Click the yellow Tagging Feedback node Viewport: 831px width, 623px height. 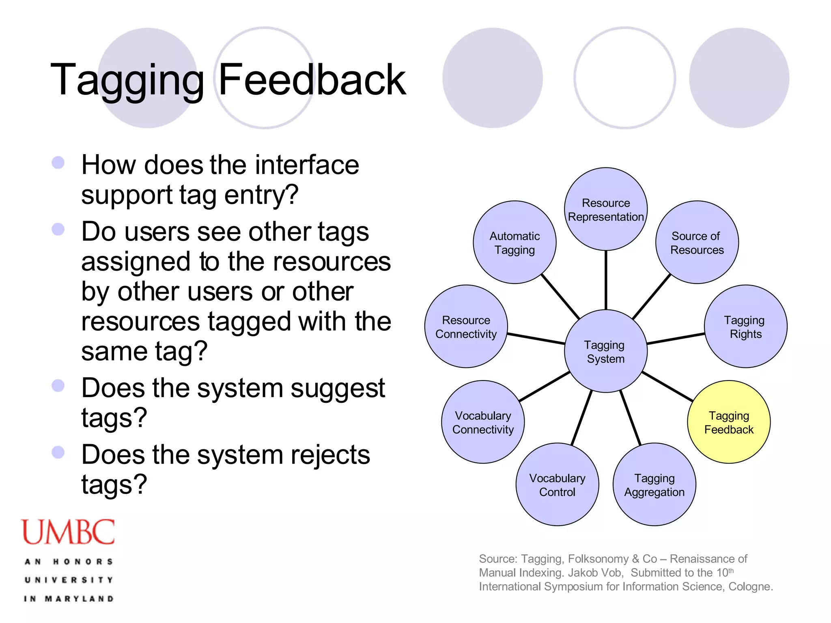point(729,422)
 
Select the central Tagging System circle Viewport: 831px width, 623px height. point(605,351)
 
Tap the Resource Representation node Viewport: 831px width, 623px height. point(605,209)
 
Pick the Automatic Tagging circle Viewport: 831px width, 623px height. point(515,243)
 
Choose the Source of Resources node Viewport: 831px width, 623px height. point(697,243)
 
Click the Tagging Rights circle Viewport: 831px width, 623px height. point(745,327)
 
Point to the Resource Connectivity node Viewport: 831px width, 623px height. point(466,327)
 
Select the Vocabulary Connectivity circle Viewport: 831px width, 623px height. point(483,422)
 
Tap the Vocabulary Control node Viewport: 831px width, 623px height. point(557,485)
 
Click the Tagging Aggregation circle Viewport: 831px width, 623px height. point(654,485)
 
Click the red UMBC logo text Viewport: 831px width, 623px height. point(68,532)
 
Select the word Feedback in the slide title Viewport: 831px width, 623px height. point(312,80)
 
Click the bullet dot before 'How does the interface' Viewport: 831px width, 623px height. point(58,163)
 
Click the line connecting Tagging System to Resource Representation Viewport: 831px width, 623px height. point(606,280)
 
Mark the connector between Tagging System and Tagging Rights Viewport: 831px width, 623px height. point(676,339)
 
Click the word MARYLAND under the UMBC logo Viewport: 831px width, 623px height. point(79,599)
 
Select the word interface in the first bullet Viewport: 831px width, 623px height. point(307,165)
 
